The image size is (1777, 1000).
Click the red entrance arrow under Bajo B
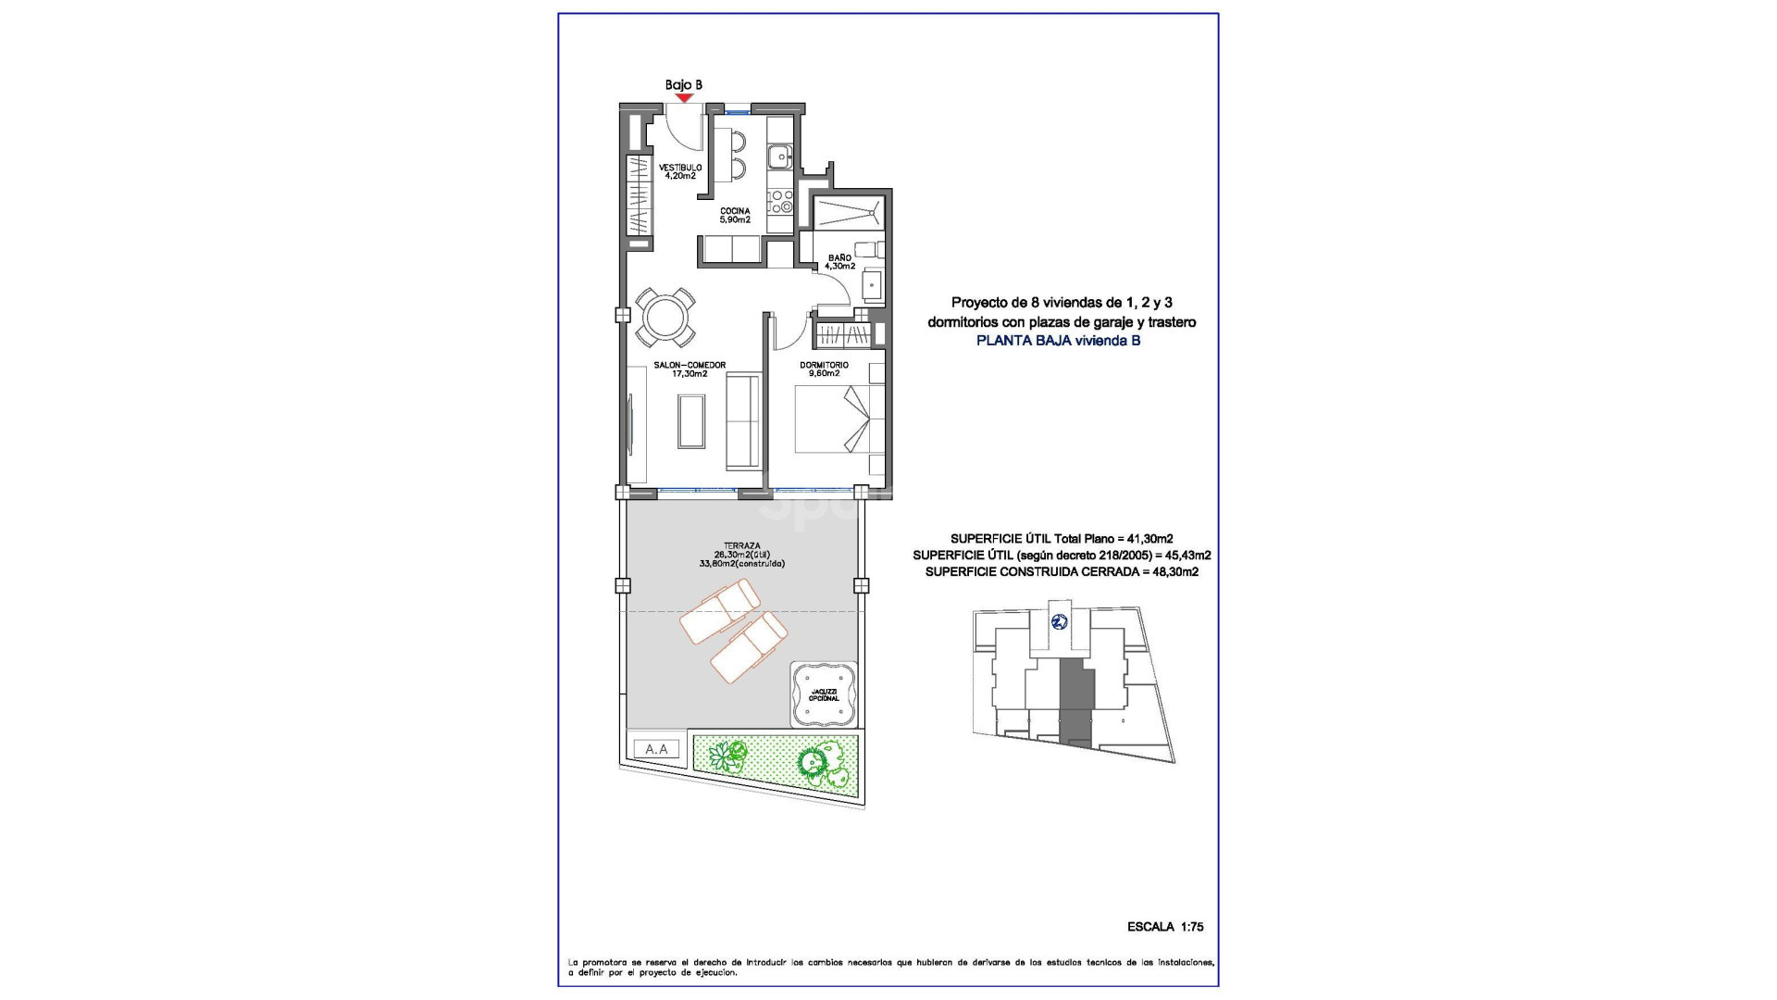coord(684,96)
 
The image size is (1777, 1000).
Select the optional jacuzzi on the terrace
coord(823,694)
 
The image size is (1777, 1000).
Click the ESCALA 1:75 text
coord(1165,926)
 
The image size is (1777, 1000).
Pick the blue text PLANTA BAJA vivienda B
coord(1059,340)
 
